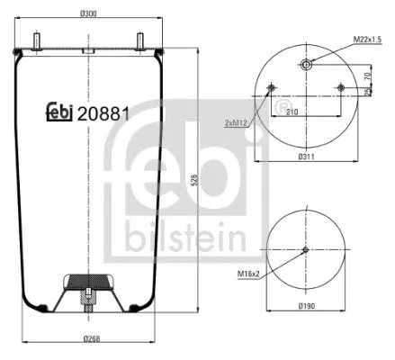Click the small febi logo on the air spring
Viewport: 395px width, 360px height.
(60, 113)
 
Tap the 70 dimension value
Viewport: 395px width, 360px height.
(370, 76)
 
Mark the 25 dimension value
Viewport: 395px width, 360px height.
(370, 92)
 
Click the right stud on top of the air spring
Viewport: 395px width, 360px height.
(140, 40)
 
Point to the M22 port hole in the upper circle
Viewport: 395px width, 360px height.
(307, 64)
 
